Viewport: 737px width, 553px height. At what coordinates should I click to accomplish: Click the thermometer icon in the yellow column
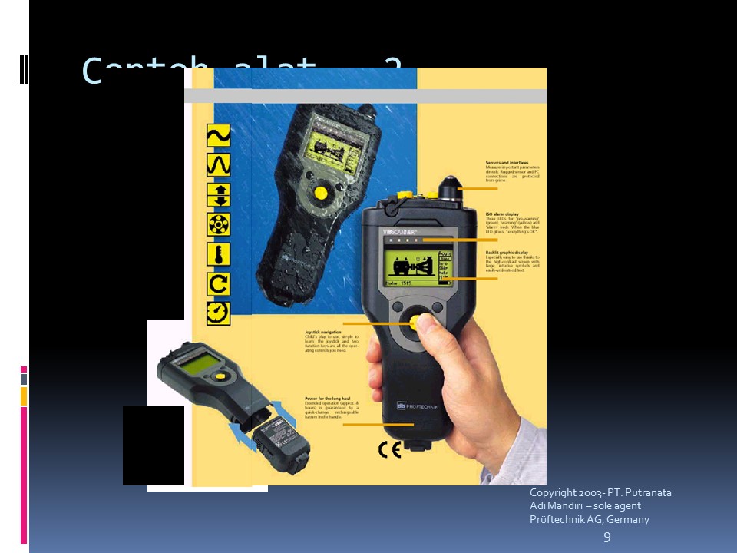(219, 254)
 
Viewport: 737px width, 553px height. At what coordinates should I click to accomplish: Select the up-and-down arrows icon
(219, 194)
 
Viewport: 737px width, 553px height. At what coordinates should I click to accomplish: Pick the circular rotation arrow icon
(219, 284)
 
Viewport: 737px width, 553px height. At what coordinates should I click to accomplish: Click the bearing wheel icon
(219, 224)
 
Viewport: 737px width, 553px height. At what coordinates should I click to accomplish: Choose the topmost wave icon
(219, 136)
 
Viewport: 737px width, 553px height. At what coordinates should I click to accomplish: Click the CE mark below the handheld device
(389, 450)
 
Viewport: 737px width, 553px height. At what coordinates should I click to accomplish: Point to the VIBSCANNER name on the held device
(400, 230)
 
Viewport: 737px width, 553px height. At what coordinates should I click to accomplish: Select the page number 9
(607, 538)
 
